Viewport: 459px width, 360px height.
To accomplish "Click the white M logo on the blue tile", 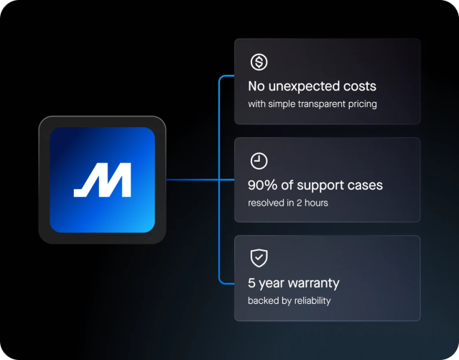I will click(103, 180).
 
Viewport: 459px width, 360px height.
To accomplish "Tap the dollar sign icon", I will click(259, 63).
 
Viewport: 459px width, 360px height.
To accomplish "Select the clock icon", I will click(259, 161).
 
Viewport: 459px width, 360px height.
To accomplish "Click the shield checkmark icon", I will click(259, 259).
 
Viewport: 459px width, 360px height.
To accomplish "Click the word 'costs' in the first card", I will click(359, 87).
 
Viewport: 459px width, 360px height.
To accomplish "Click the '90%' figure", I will click(263, 185).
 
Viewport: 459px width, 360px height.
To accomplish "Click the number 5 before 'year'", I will click(252, 283).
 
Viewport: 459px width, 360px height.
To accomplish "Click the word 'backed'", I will click(263, 300).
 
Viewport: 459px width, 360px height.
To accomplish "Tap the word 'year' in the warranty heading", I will click(271, 283).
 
